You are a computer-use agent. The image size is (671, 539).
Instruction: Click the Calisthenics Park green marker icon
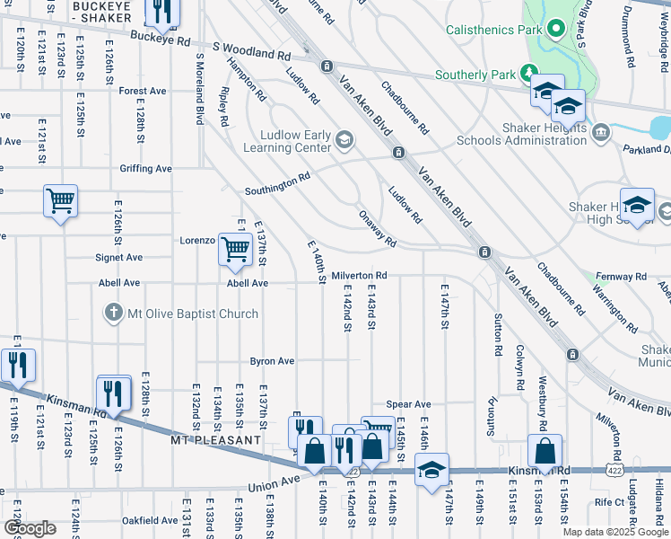[556, 30]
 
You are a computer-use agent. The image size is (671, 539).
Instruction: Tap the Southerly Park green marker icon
[530, 74]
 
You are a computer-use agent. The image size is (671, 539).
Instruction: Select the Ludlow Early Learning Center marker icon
[344, 138]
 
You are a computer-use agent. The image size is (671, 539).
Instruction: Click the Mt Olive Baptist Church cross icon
[113, 314]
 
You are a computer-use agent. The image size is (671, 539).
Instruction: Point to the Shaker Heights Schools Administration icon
[601, 133]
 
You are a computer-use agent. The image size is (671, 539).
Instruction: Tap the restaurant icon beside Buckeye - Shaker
[161, 12]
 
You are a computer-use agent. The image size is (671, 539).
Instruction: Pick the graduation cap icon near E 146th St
[431, 471]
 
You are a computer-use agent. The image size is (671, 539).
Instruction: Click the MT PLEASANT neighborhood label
[215, 441]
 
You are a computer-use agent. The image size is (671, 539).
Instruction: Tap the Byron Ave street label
[272, 361]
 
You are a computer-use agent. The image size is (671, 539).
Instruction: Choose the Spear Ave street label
[408, 404]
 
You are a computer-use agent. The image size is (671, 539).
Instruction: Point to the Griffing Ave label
[144, 168]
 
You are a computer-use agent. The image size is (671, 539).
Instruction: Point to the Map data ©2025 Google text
[614, 532]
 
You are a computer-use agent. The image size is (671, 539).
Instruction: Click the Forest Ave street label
[143, 91]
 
